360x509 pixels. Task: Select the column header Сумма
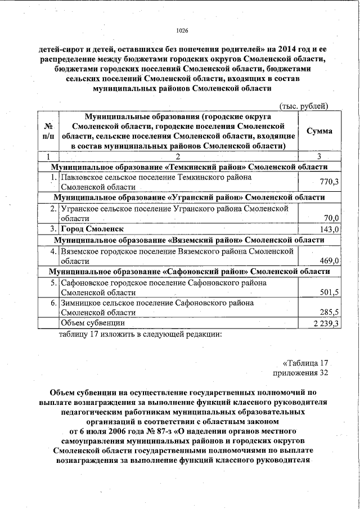[x=319, y=131]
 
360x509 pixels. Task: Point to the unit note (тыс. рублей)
[x=304, y=106]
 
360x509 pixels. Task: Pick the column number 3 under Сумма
[x=319, y=156]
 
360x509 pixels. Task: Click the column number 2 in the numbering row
[x=177, y=156]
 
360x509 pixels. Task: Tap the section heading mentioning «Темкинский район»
[x=189, y=167]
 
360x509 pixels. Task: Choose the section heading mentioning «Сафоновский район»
[x=189, y=272]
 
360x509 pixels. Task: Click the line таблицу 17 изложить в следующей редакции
[x=141, y=335]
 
